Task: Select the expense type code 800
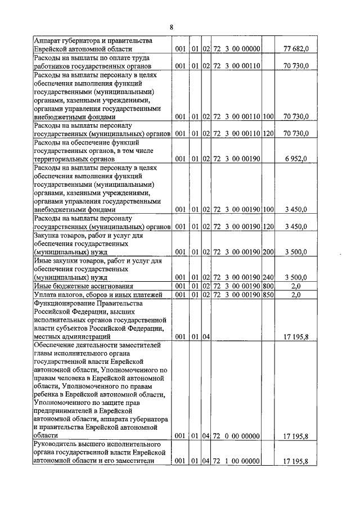(x=268, y=286)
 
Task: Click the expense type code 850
(x=268, y=295)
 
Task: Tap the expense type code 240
(x=268, y=277)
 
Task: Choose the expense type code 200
(x=268, y=253)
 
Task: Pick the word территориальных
(x=63, y=159)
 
